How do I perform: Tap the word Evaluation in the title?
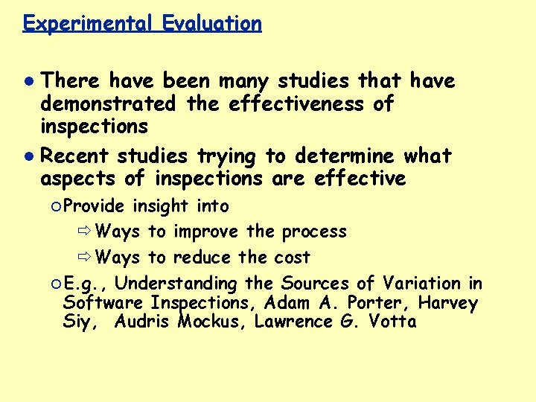pos(211,23)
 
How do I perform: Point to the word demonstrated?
pos(109,103)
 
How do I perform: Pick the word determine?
pos(345,156)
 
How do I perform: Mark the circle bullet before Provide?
pos(57,206)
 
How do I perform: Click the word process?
pos(314,232)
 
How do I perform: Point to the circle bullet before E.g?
pos(57,284)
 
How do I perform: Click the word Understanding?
pos(176,284)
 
